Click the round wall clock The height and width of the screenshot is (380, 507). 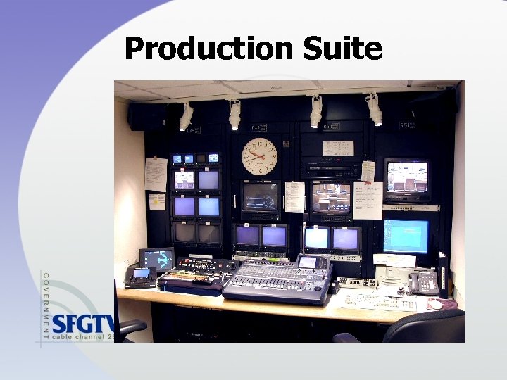pyautogui.click(x=259, y=157)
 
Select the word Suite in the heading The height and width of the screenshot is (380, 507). pyautogui.click(x=343, y=49)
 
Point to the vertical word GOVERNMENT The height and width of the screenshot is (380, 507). pyautogui.click(x=46, y=307)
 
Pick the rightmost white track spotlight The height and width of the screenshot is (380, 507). pyautogui.click(x=374, y=110)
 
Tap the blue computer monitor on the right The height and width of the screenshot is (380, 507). pyautogui.click(x=406, y=236)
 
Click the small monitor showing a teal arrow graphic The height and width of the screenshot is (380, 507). pyautogui.click(x=156, y=258)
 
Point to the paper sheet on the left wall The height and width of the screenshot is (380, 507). pyautogui.click(x=156, y=174)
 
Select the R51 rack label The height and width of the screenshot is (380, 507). pyautogui.click(x=405, y=126)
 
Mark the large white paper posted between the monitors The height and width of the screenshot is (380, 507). pyautogui.click(x=368, y=200)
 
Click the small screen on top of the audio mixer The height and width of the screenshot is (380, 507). pyautogui.click(x=308, y=262)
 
